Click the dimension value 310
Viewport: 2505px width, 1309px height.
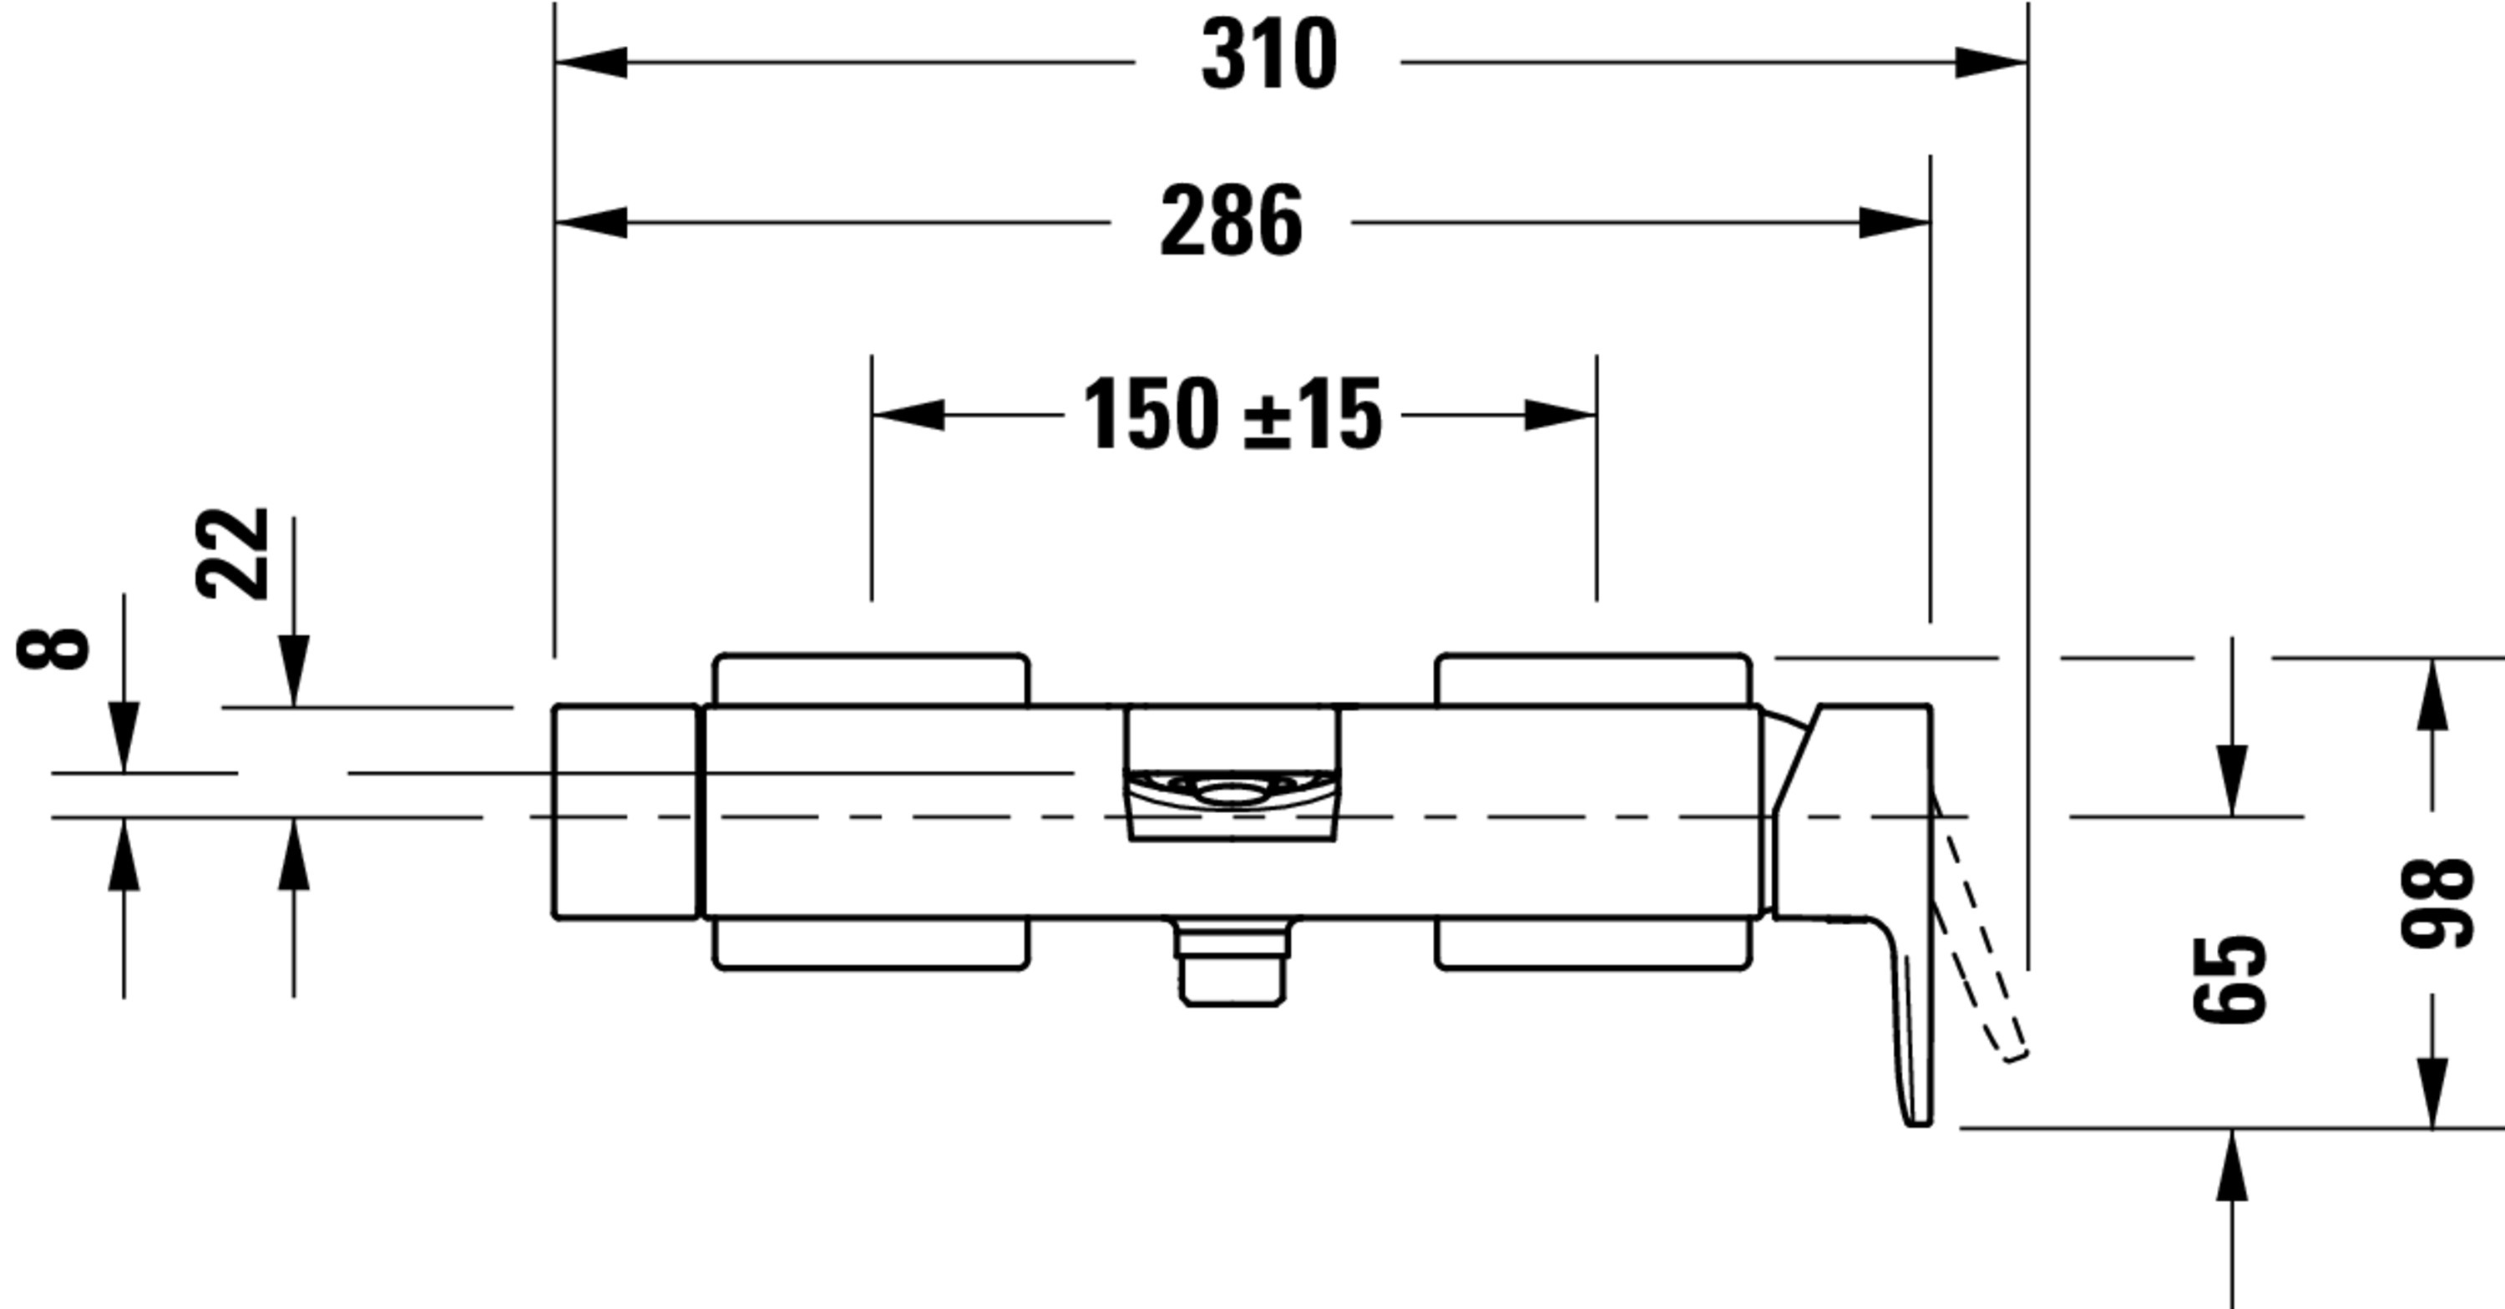1269,55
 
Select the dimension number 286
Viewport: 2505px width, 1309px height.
1231,222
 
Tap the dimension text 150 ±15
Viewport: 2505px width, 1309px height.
1232,415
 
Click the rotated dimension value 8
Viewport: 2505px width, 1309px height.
53,649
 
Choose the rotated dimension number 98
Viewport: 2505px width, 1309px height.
2436,902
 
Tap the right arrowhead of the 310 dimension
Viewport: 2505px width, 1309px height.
1991,63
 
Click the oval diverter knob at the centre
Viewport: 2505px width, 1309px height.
1232,790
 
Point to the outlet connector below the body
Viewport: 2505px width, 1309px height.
1232,967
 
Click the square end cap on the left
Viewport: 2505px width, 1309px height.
625,811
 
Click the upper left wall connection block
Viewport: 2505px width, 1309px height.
870,680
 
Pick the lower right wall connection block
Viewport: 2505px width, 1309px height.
1593,944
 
